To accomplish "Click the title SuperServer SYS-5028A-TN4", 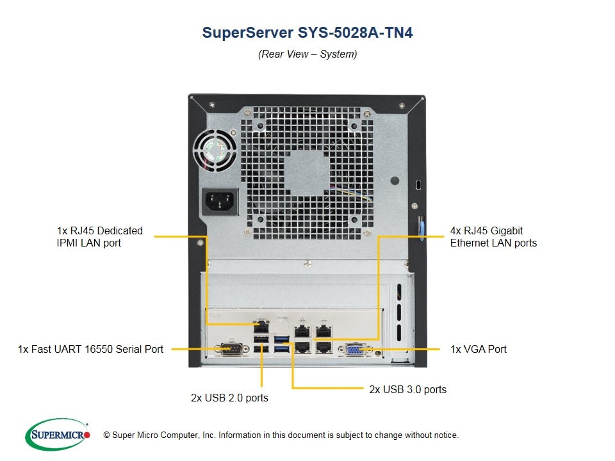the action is click(x=307, y=33).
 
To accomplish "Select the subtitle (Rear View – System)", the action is click(x=307, y=54).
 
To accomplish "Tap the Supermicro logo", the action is click(x=58, y=434).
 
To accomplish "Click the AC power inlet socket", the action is click(x=220, y=202).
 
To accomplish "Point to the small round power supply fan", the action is click(x=215, y=150).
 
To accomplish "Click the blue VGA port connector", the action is click(x=354, y=350).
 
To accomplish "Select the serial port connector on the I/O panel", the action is click(x=232, y=348).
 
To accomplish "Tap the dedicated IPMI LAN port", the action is click(x=261, y=326).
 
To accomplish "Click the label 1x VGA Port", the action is click(x=479, y=349).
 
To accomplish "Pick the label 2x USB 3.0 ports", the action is click(x=407, y=389).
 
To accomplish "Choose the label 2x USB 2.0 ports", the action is click(x=229, y=398).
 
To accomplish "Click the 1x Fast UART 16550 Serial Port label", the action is click(x=90, y=349).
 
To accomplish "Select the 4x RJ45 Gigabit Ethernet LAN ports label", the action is click(x=493, y=237).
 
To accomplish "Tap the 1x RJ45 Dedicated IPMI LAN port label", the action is click(x=100, y=237).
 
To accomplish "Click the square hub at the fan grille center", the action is click(x=307, y=173).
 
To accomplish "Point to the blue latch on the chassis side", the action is click(x=422, y=229).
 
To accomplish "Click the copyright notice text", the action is click(x=281, y=435).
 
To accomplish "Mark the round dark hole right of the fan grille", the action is click(x=395, y=181).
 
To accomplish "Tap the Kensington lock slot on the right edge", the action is click(x=418, y=184).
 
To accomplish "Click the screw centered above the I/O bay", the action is click(x=308, y=264).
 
